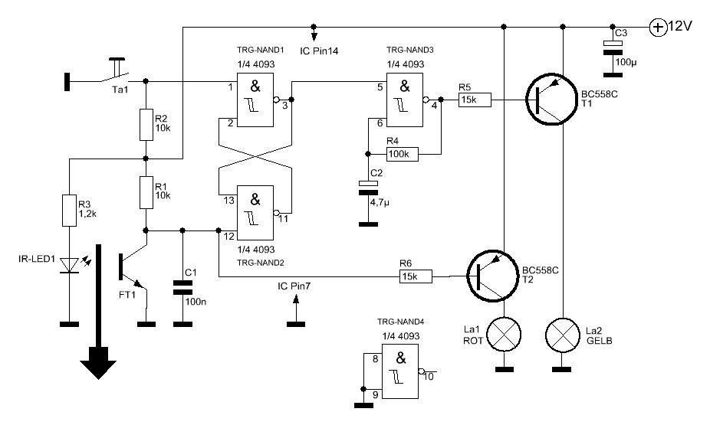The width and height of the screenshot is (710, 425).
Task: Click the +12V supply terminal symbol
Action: pyautogui.click(x=658, y=27)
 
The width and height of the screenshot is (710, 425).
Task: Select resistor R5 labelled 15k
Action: pyautogui.click(x=475, y=100)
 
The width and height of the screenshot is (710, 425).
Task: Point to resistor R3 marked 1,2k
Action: pyautogui.click(x=68, y=211)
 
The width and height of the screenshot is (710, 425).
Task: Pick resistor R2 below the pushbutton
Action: pyautogui.click(x=145, y=125)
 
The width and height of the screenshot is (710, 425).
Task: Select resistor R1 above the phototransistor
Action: pyautogui.click(x=145, y=192)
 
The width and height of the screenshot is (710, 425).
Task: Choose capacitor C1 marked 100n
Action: pyautogui.click(x=182, y=287)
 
